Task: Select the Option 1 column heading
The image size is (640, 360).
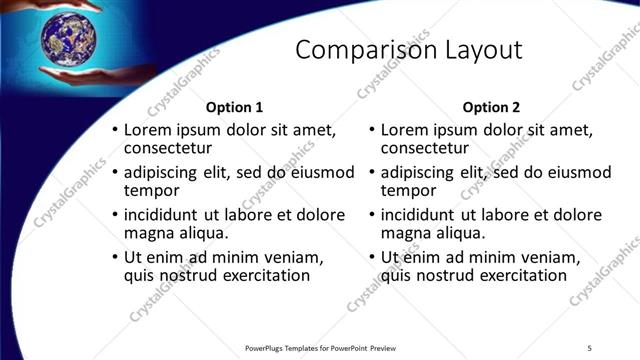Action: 234,107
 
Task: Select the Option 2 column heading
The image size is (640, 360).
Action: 492,107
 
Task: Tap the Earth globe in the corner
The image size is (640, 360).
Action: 67,39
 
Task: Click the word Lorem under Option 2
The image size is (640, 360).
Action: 405,130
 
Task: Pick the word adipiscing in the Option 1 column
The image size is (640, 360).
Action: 164,172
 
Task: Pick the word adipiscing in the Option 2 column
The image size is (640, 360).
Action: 422,172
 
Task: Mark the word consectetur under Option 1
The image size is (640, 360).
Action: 169,149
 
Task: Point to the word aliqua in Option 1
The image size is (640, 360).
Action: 206,233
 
